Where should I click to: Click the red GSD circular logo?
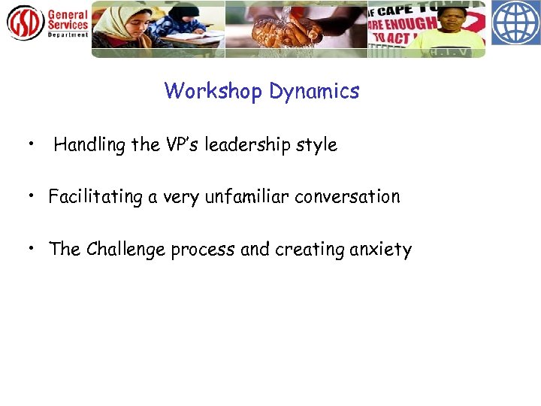(x=25, y=23)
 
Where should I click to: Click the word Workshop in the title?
(x=213, y=92)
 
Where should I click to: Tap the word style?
(x=319, y=145)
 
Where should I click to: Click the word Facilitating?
(x=95, y=197)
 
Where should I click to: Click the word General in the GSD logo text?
(x=68, y=14)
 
